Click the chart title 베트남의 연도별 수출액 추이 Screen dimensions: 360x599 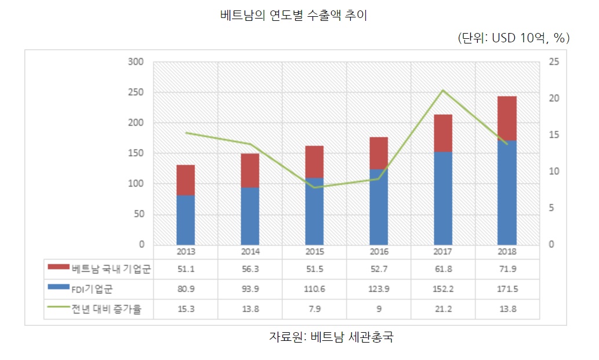pos(294,16)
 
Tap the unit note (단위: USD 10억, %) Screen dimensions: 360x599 pos(514,38)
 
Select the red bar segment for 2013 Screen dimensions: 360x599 pos(186,180)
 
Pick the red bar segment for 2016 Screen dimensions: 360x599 pos(378,153)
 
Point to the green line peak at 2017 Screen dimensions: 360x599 pos(443,90)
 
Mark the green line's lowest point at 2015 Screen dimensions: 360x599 pos(314,187)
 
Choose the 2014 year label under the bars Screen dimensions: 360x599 pos(250,252)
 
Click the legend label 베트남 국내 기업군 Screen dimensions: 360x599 pos(111,269)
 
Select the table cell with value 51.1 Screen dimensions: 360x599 pos(186,269)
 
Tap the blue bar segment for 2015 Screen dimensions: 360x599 pos(314,211)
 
